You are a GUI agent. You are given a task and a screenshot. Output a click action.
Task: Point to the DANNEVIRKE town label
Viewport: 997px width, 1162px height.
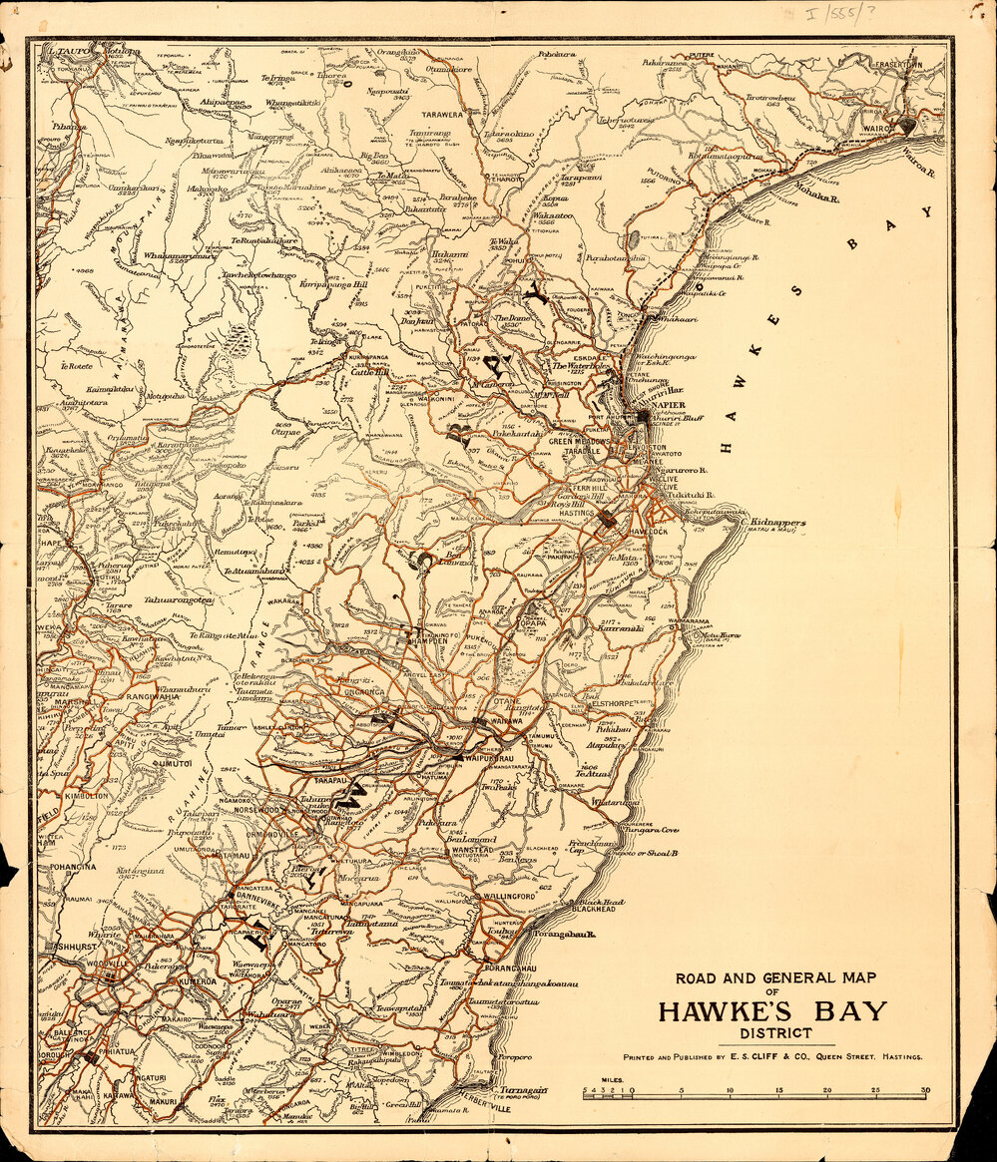pos(257,896)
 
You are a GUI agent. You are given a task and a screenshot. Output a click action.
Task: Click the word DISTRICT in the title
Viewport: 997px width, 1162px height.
pos(769,1033)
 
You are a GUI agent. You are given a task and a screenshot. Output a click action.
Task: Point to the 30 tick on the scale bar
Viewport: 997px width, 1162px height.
pos(927,1090)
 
